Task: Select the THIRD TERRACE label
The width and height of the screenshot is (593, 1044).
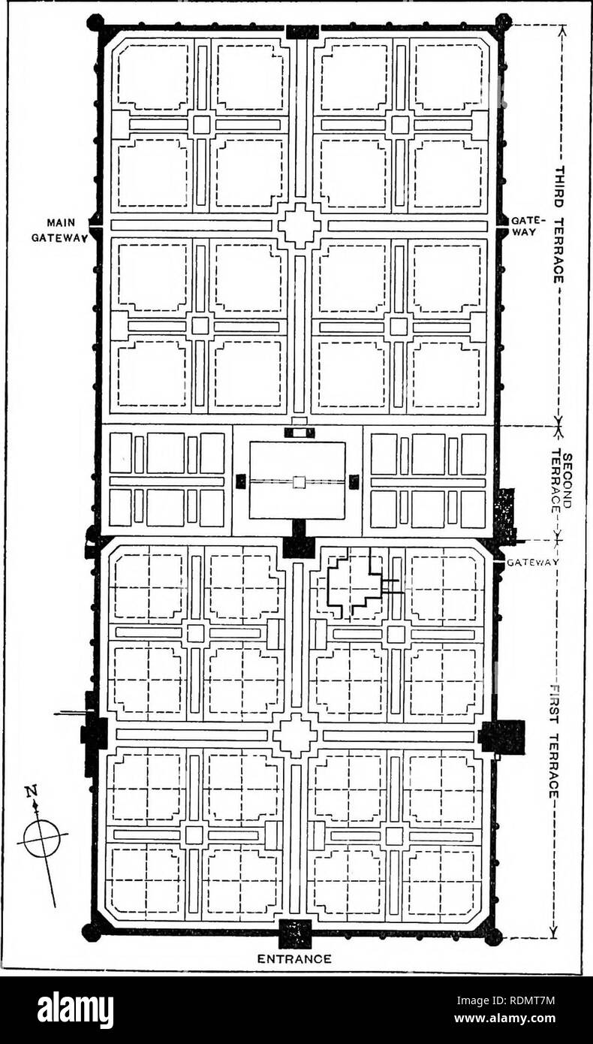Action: pos(559,225)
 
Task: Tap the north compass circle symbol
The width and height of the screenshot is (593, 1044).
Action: pos(41,838)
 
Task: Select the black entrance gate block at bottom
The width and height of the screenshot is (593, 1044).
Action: pos(294,934)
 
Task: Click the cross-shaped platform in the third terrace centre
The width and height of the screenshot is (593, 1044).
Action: pos(300,225)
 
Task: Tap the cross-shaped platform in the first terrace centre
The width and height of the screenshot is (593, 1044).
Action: pos(295,735)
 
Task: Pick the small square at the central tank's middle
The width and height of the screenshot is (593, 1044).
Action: pos(298,482)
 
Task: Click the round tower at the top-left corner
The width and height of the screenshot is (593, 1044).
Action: pos(95,23)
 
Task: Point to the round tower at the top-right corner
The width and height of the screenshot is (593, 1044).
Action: pos(503,22)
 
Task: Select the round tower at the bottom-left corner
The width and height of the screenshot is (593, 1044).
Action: pos(91,932)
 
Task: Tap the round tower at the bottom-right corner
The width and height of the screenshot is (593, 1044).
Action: pos(492,936)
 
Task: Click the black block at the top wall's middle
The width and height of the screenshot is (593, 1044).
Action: pos(302,32)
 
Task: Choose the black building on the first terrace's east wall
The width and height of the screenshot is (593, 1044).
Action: pos(501,736)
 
